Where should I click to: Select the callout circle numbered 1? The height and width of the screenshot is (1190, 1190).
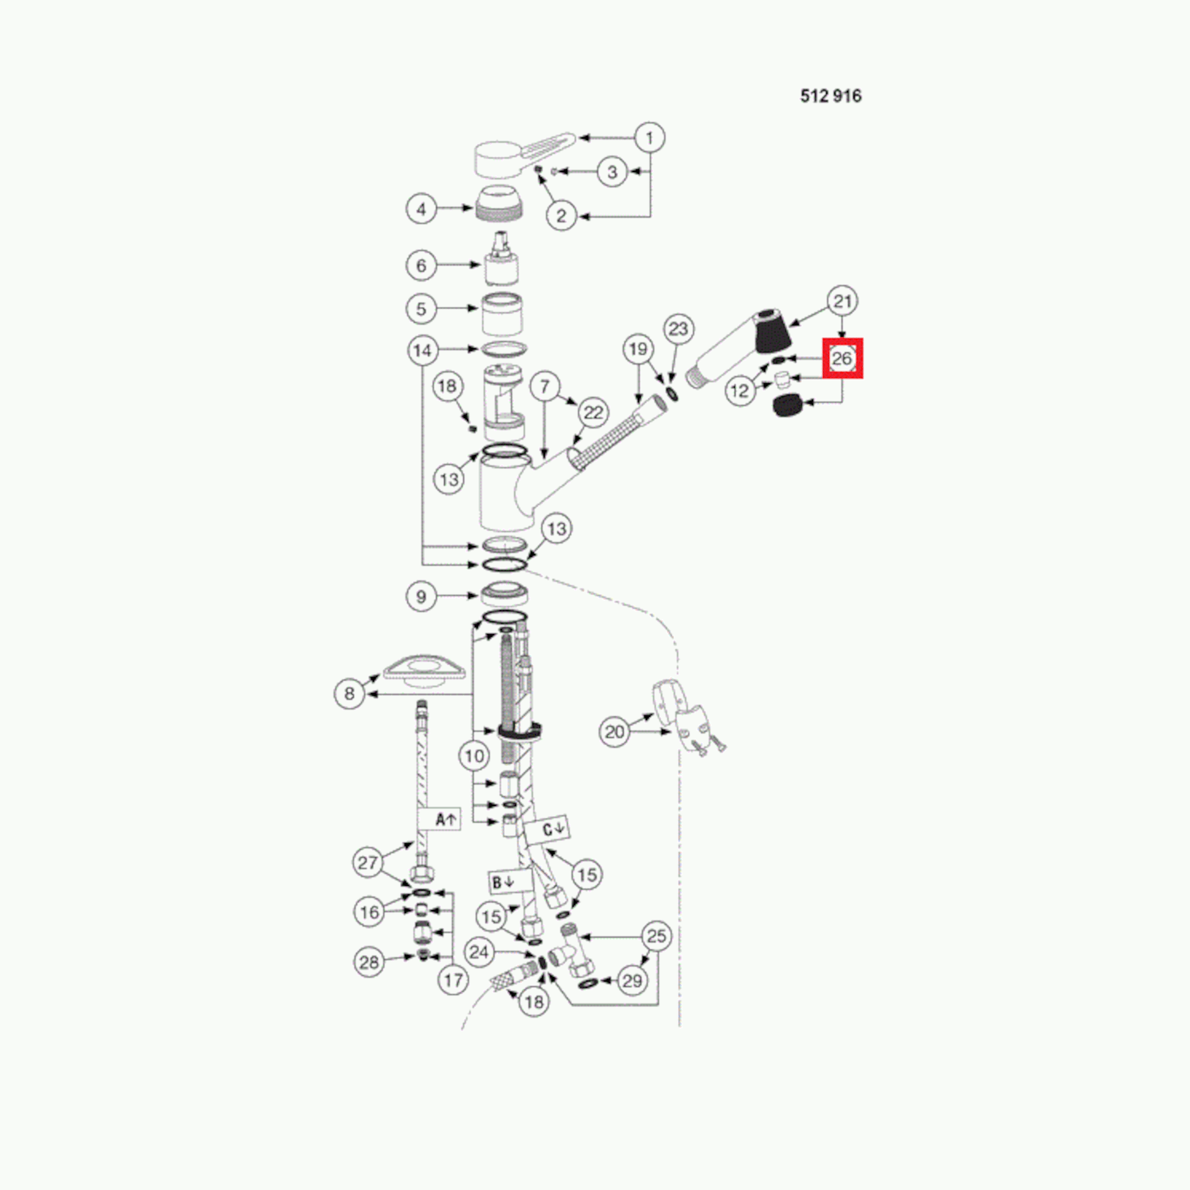tap(649, 138)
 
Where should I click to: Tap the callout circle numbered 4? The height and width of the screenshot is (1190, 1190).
tap(421, 209)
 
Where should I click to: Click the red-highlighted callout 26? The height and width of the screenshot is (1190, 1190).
tap(843, 358)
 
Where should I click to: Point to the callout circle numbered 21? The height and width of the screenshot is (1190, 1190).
tap(843, 301)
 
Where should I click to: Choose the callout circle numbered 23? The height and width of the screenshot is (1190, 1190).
tap(678, 329)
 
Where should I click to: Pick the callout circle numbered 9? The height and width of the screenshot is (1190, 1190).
tap(421, 596)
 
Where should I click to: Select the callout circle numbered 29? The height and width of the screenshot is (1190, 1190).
tap(633, 981)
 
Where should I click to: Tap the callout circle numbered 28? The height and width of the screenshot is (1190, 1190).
tap(369, 962)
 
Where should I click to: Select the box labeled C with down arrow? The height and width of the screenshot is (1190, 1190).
tap(554, 828)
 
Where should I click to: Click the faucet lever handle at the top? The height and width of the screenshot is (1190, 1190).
tap(524, 154)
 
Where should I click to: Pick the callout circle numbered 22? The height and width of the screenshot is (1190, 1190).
tap(593, 413)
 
